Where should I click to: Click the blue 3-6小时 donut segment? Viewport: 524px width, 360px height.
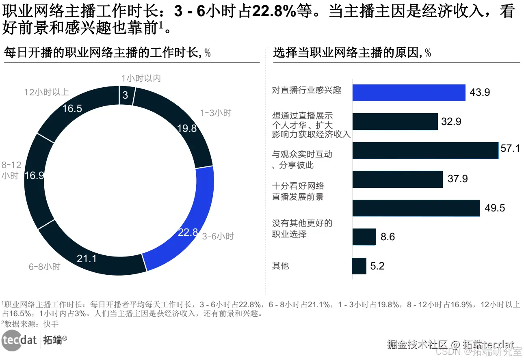tap(191, 219)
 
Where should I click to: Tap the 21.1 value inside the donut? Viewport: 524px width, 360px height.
tap(87, 258)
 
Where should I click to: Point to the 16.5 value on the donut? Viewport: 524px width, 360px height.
tap(72, 109)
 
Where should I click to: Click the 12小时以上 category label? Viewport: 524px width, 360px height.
tap(46, 92)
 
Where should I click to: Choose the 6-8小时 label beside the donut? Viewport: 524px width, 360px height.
tap(44, 267)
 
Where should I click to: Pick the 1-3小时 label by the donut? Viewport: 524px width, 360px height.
tap(215, 113)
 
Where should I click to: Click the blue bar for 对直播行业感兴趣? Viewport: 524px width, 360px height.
tap(408, 93)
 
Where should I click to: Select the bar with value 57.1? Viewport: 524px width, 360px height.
tap(425, 150)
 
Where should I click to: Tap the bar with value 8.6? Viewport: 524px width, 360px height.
tap(364, 237)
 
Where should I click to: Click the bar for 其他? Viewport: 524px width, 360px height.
tap(359, 266)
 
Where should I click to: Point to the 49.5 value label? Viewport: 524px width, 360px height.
tap(495, 208)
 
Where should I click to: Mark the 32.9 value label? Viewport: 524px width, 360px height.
tap(451, 121)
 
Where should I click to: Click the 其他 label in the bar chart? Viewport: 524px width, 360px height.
tap(280, 266)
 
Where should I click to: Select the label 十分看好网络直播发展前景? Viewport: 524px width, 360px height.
tap(298, 192)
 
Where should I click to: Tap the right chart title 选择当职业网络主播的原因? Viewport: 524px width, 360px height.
tap(347, 53)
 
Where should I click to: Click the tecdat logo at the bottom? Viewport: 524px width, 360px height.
tap(19, 340)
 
